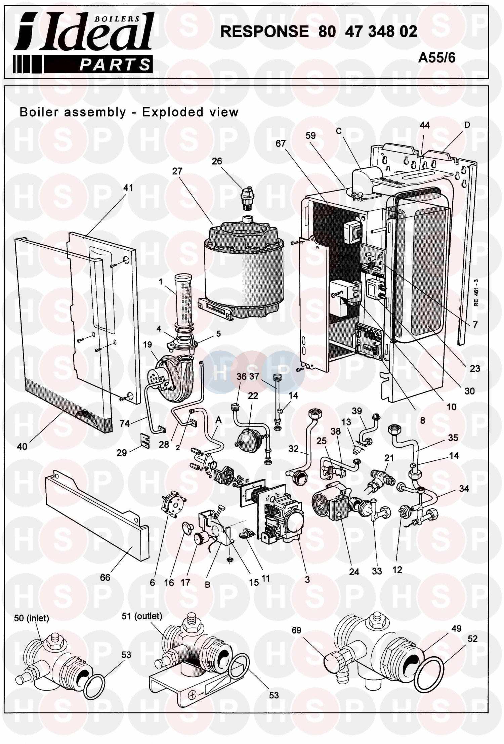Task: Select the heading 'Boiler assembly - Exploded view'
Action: coord(129,112)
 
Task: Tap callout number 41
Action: coord(128,188)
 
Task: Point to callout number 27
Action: coord(177,171)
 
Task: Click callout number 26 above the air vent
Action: coord(217,161)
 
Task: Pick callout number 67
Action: coord(280,143)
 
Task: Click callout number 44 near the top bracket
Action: coord(425,125)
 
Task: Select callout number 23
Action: coord(475,369)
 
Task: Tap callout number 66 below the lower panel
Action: coord(105,577)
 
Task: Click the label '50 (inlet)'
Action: coord(32,618)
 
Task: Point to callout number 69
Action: coord(296,630)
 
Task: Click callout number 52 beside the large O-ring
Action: coord(472,638)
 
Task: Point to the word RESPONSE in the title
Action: coord(264,32)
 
